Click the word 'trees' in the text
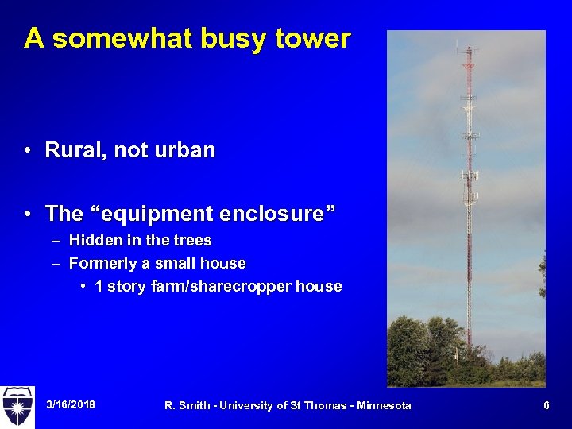click(x=194, y=240)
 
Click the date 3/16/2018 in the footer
click(x=71, y=405)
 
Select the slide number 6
click(x=547, y=405)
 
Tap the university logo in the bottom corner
click(x=17, y=405)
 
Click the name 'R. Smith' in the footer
click(x=188, y=406)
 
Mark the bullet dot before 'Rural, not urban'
click(x=28, y=151)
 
